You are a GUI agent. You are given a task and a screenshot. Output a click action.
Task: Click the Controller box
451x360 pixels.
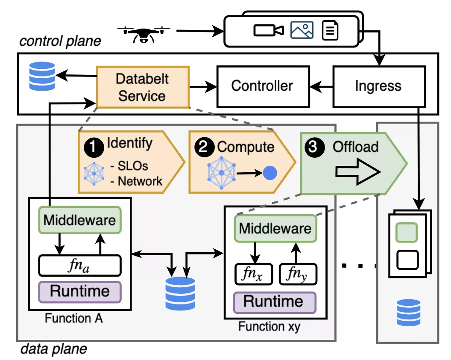pos(262,86)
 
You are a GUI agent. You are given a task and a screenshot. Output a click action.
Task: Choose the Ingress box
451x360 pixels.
pos(378,86)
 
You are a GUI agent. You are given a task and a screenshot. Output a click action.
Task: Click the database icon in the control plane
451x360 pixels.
pos(42,76)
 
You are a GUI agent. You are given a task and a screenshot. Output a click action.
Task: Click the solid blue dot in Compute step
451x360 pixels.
pos(270,173)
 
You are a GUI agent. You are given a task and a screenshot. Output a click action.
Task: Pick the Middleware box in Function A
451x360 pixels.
pos(80,220)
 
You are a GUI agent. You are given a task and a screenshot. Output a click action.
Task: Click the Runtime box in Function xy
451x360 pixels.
pos(274,301)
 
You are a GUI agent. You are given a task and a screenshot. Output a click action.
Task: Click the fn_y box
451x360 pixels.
pos(298,274)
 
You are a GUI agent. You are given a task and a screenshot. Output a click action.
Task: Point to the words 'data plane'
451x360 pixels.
pos(53,349)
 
